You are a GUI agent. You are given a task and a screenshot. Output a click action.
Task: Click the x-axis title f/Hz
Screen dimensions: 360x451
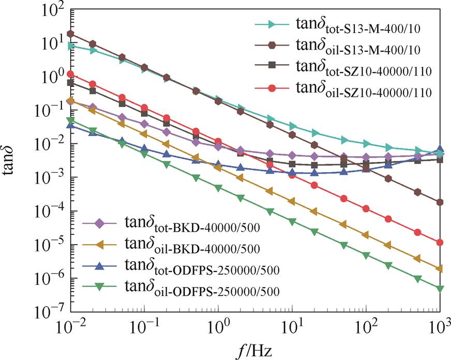[255, 349]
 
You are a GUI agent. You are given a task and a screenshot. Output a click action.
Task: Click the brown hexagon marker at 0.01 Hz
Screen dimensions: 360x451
[71, 34]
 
